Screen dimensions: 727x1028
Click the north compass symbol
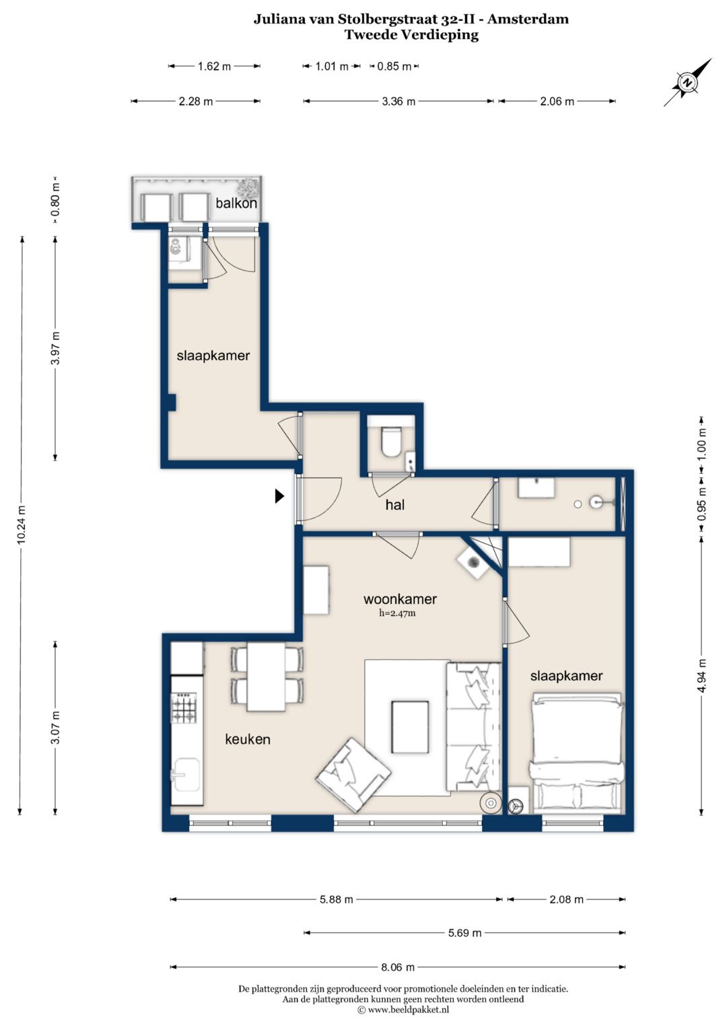(687, 83)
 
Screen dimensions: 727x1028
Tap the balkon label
(236, 203)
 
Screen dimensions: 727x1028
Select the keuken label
(248, 739)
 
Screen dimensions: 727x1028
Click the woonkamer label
(400, 599)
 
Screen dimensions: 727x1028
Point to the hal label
(394, 505)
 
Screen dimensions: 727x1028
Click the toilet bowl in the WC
(392, 442)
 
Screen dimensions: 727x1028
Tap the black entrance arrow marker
(279, 496)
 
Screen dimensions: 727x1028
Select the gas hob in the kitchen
(184, 707)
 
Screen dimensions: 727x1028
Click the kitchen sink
(187, 775)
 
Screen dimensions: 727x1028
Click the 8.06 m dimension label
(397, 967)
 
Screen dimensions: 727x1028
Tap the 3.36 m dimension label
(399, 102)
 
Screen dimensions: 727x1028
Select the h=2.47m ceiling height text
(397, 613)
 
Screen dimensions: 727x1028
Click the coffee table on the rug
(410, 727)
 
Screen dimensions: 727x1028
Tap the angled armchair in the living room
(353, 775)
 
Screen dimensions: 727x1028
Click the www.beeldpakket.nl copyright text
(403, 1010)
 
